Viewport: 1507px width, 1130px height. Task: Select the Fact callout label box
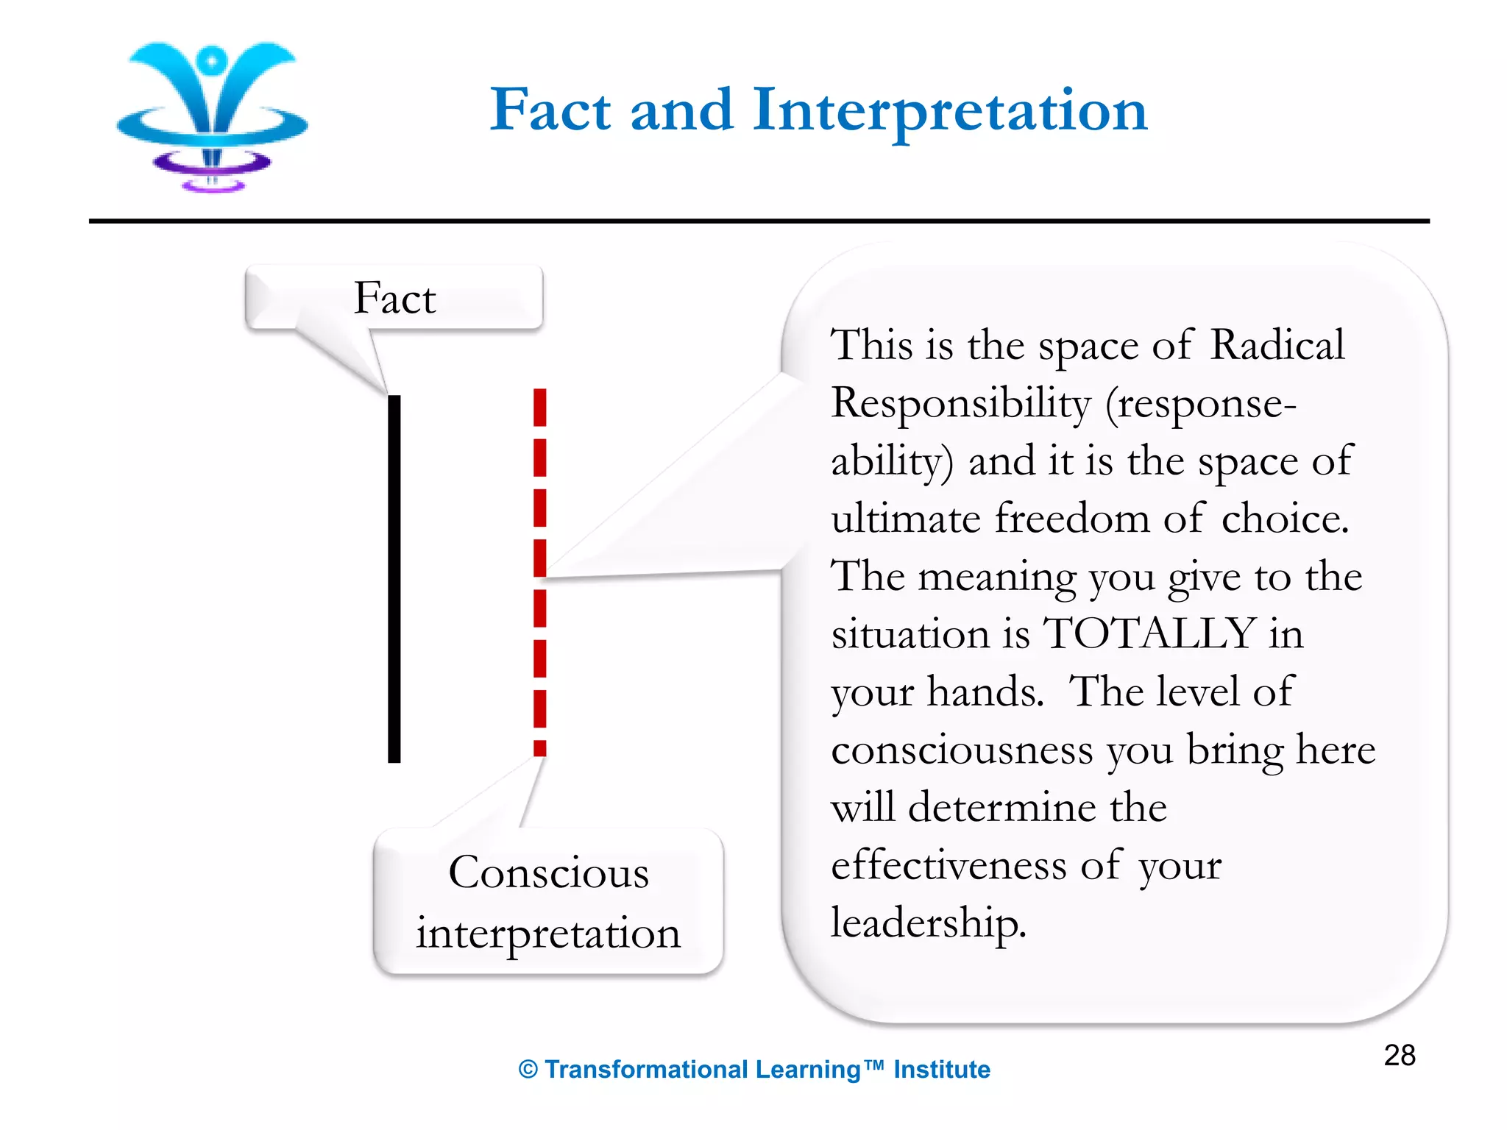(394, 298)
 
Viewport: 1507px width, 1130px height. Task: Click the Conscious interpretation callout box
(548, 902)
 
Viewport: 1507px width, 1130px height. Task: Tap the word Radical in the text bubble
(1277, 344)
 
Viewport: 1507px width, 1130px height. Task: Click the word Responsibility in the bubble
(960, 403)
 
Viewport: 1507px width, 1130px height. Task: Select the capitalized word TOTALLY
(1149, 633)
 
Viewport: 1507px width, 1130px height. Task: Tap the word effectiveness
(948, 864)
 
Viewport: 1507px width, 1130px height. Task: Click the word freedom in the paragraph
(1072, 518)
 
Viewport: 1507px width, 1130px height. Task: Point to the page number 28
(1399, 1055)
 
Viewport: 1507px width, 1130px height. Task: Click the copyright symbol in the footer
(528, 1070)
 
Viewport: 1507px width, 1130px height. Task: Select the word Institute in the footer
(941, 1070)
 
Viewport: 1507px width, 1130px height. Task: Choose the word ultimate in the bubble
(906, 518)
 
